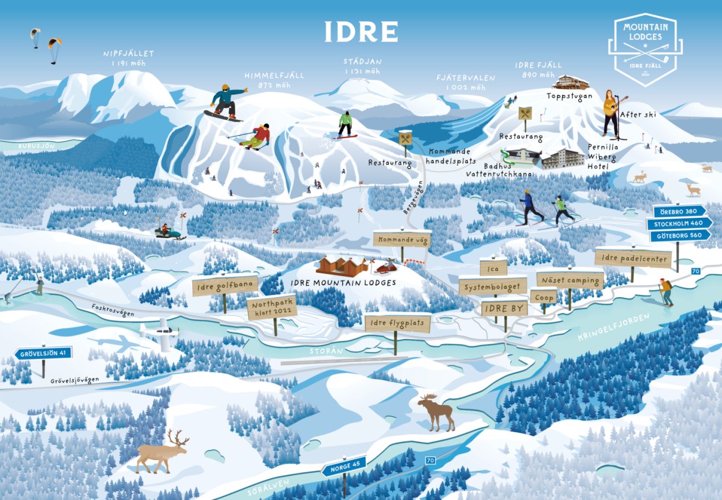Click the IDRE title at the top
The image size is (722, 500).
click(x=361, y=32)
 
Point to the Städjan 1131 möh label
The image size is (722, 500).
click(x=362, y=66)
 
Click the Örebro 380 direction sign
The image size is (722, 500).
click(x=679, y=211)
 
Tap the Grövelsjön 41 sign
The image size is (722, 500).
click(x=43, y=353)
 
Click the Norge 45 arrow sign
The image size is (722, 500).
click(x=344, y=466)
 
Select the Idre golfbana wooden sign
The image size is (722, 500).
click(x=225, y=286)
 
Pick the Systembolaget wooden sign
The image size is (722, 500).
click(x=493, y=286)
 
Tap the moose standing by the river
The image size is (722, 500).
click(x=437, y=412)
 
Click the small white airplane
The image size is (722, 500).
click(x=161, y=333)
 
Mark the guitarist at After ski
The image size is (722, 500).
click(x=611, y=113)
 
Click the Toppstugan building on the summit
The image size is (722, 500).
click(x=570, y=82)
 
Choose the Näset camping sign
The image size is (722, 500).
click(x=570, y=280)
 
